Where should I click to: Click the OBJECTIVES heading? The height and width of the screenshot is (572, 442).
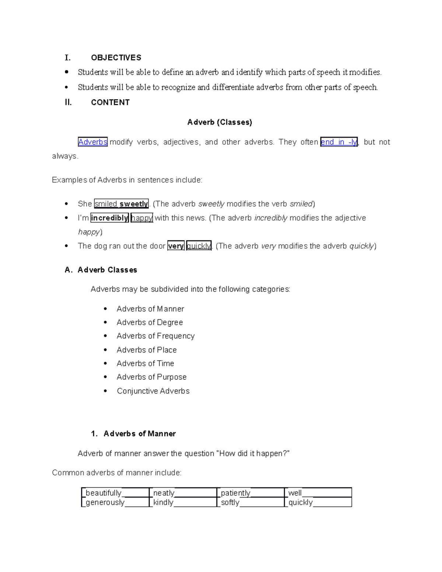coord(116,58)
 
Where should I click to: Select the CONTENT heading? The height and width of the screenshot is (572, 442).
coord(110,102)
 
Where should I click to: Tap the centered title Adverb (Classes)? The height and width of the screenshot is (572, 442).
coord(220,122)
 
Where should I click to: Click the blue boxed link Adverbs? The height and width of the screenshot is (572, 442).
coord(93,142)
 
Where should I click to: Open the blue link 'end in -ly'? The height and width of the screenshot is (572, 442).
coord(339,142)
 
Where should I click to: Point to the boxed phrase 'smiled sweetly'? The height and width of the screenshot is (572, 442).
coord(122,204)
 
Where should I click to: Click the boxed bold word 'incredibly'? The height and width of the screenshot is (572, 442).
coord(109,218)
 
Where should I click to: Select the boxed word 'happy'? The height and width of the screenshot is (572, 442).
coord(142,218)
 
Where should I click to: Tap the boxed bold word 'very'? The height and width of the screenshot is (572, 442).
coord(176,246)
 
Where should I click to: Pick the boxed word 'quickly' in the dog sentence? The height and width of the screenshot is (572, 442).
coord(199,246)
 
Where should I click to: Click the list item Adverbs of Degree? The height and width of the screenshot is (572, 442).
coord(150,323)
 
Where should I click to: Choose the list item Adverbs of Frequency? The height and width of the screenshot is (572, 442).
coord(155,336)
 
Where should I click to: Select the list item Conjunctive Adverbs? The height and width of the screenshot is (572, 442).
coord(153,391)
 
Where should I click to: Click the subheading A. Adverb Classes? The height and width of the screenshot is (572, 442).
coord(101,270)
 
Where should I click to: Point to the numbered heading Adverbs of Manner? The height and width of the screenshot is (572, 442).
coord(139,434)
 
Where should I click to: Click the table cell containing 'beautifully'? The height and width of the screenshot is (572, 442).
coord(115,493)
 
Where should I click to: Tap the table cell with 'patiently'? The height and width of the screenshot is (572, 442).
coord(250,493)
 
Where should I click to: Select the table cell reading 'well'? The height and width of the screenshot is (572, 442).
coord(318,493)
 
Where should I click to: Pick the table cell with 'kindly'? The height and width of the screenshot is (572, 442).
coord(183,502)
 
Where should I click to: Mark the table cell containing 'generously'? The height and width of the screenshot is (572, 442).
coord(115,502)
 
